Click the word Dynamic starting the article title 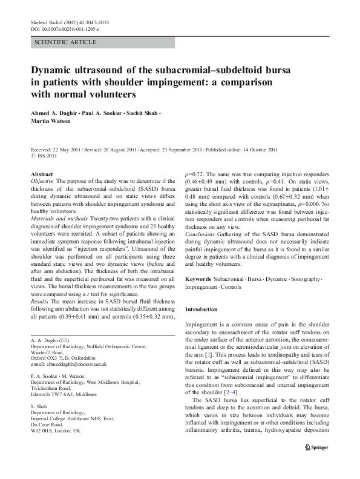tap(53, 70)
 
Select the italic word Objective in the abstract tap(42, 181)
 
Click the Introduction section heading tap(205, 309)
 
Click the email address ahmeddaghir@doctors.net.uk tap(67, 364)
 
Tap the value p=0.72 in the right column tap(195, 174)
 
